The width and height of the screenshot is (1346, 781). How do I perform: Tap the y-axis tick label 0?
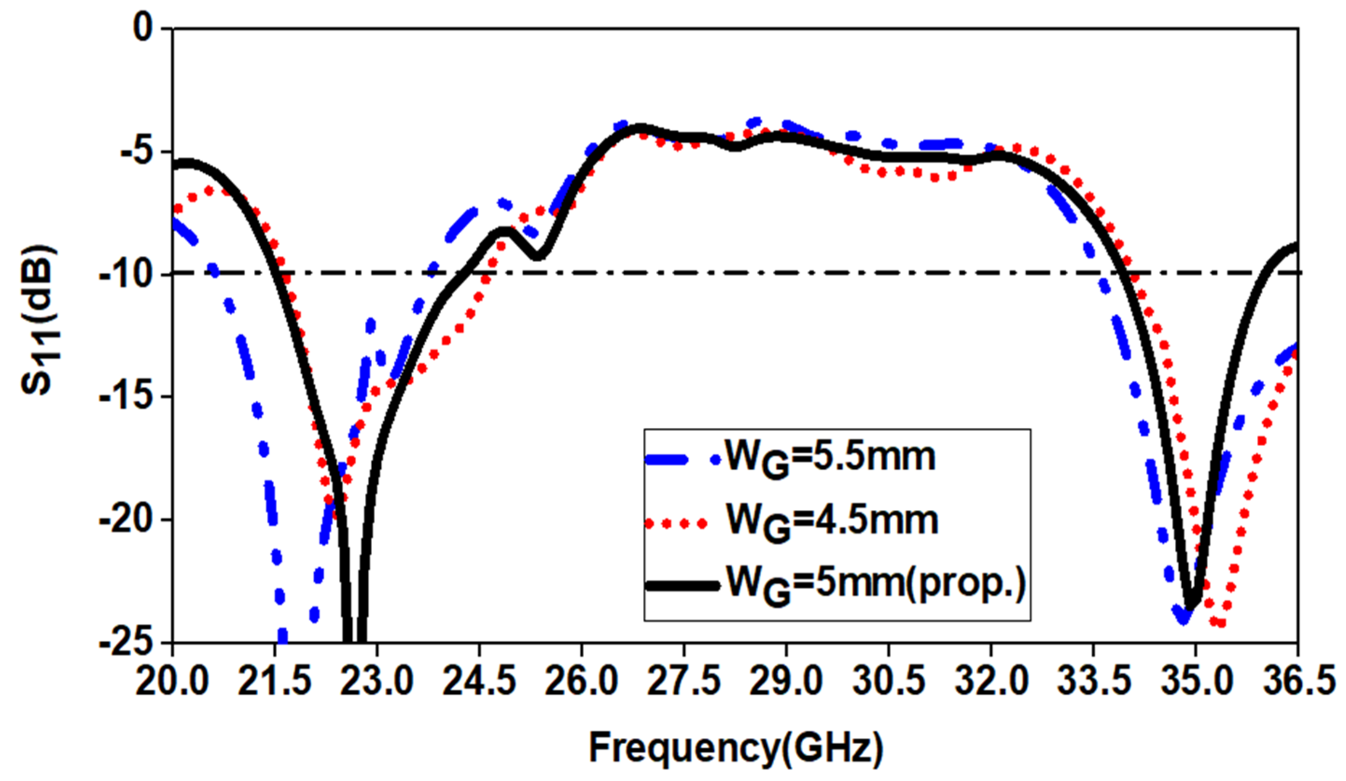(143, 28)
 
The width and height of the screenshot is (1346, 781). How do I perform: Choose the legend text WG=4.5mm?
(832, 522)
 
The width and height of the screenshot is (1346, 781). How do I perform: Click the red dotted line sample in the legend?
(676, 524)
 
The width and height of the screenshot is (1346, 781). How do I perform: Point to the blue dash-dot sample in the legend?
(681, 460)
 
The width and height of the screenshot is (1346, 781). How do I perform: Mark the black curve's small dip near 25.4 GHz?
(538, 257)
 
